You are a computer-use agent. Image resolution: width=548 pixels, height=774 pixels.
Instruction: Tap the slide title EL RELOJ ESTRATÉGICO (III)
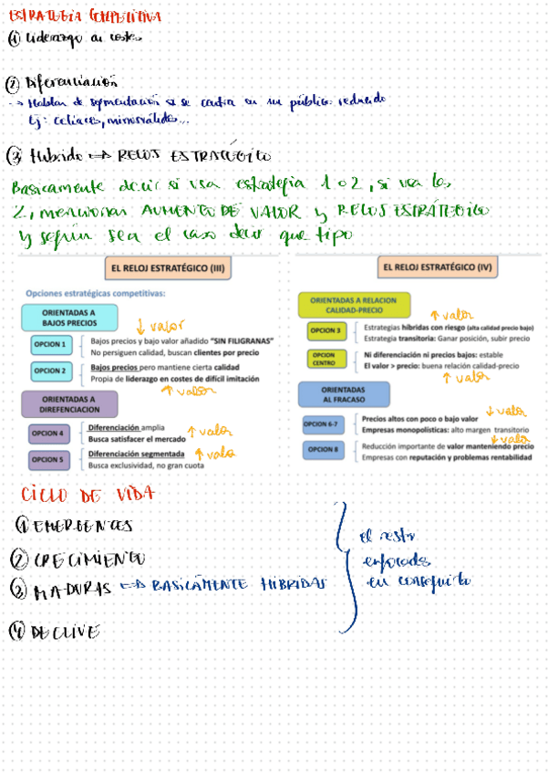point(170,269)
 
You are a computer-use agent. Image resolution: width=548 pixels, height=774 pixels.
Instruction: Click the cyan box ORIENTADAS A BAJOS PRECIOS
point(68,317)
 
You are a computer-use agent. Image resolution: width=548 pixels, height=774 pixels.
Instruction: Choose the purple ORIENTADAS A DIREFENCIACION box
point(68,403)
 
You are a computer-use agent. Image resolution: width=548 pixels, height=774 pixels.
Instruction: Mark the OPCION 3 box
point(326,331)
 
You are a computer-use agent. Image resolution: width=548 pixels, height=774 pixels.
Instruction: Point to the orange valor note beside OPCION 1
point(159,325)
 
